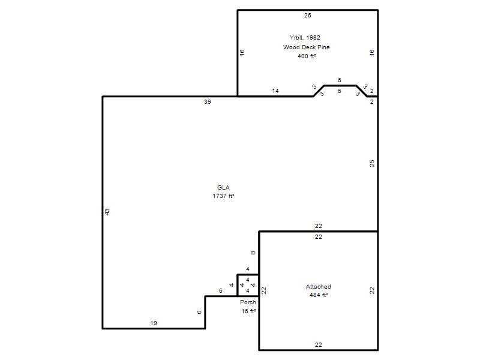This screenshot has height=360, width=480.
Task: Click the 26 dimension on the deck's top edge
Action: (x=307, y=16)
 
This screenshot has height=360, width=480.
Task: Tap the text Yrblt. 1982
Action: (x=305, y=38)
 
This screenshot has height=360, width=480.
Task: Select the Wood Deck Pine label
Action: (x=307, y=47)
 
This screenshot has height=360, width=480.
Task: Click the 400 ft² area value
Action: (x=307, y=56)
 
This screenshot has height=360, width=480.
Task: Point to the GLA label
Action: (x=223, y=187)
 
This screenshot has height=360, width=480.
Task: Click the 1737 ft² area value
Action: (x=223, y=196)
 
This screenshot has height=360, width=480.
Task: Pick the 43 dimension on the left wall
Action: (x=107, y=212)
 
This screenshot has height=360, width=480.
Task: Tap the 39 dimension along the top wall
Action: (x=207, y=101)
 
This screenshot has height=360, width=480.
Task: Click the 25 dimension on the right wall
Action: (x=371, y=163)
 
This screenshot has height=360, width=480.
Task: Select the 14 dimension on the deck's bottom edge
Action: (x=275, y=91)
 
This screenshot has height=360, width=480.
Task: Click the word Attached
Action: (x=319, y=287)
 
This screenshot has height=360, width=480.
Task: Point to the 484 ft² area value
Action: (x=319, y=295)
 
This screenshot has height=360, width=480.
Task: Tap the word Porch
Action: (x=248, y=302)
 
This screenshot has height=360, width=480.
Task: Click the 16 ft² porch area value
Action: (x=248, y=311)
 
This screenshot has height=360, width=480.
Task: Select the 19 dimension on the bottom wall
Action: (x=154, y=323)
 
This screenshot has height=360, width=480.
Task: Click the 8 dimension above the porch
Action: (x=253, y=253)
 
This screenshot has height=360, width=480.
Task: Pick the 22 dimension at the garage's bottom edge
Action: (x=319, y=344)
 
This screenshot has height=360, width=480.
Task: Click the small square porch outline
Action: (x=237, y=286)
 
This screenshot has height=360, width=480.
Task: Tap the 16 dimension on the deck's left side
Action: (x=242, y=52)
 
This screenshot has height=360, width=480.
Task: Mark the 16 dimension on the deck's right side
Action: (x=371, y=52)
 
